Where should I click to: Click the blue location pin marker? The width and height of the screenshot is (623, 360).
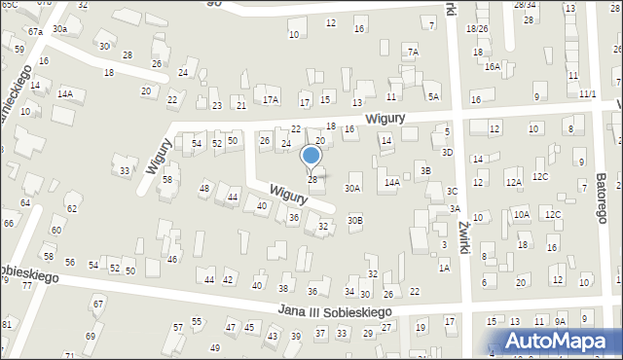[x=311, y=156]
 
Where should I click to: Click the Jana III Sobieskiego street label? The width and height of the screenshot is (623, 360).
[x=334, y=310]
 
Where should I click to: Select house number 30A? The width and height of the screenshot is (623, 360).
[x=352, y=189]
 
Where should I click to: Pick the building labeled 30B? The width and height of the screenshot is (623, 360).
[x=355, y=220]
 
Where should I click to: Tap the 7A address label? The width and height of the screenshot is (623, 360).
[x=413, y=52]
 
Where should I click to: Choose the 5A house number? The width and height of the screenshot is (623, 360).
[x=433, y=96]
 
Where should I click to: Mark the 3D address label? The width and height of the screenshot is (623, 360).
[x=447, y=152]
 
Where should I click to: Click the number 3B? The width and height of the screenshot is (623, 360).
[x=425, y=171]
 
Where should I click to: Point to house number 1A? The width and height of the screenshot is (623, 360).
[x=444, y=267]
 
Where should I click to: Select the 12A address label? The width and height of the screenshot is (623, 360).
[x=513, y=182]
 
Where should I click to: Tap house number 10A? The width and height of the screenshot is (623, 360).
[x=521, y=214]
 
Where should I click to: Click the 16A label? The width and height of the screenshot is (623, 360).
[x=493, y=66]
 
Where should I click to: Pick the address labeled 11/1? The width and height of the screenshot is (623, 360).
[x=587, y=94]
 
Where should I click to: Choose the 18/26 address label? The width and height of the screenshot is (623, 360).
[x=477, y=29]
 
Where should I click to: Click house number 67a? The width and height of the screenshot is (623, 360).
[x=35, y=32]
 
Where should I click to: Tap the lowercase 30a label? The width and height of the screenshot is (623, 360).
[x=60, y=29]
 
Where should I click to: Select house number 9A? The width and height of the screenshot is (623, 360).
[x=560, y=321]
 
